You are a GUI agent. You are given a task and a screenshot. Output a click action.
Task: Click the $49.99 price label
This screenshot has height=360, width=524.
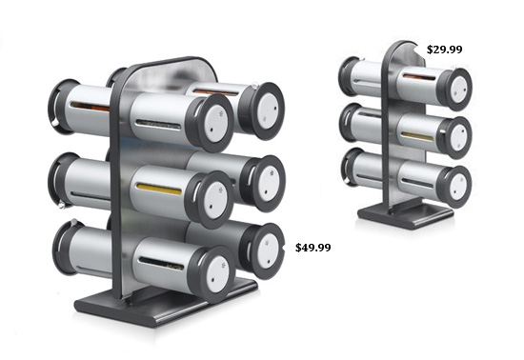pyautogui.click(x=313, y=248)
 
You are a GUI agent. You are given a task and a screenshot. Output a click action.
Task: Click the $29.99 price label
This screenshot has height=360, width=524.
pyautogui.click(x=445, y=50)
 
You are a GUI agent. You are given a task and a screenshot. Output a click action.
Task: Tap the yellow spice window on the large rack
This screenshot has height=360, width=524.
pyautogui.click(x=159, y=189)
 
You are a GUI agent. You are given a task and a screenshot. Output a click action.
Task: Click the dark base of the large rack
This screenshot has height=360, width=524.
pyautogui.click(x=166, y=305)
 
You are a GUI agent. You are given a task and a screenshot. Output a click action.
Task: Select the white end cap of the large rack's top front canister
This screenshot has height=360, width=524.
pyautogui.click(x=215, y=123)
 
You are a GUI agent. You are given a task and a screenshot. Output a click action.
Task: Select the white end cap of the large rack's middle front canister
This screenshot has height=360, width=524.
pyautogui.click(x=215, y=200)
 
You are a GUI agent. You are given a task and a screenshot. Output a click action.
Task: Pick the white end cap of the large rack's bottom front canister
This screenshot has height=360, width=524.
pyautogui.click(x=217, y=274)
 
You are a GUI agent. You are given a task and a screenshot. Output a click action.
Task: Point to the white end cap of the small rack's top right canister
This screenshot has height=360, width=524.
pyautogui.click(x=458, y=90)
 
